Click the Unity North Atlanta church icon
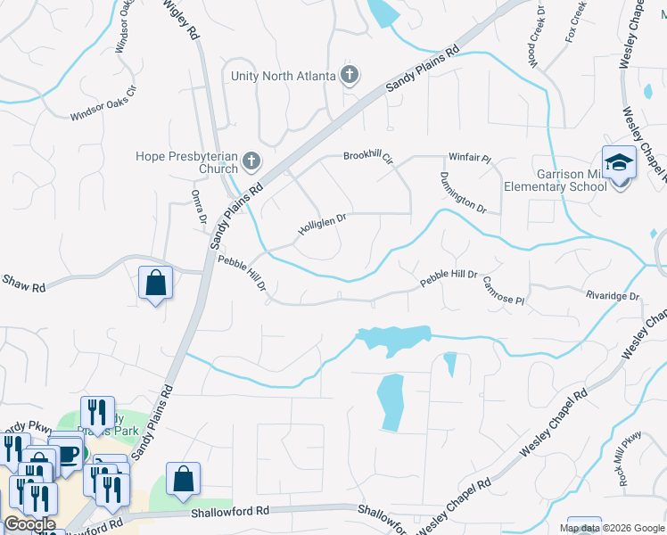pyautogui.click(x=350, y=75)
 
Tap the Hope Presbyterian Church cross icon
pyautogui.click(x=251, y=162)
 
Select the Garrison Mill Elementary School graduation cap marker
pyautogui.click(x=618, y=163)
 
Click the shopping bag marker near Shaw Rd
pyautogui.click(x=156, y=283)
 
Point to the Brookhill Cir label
pyautogui.click(x=368, y=158)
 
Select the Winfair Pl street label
pyautogui.click(x=469, y=158)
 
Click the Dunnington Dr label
pyautogui.click(x=463, y=193)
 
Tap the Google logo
pyautogui.click(x=29, y=524)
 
